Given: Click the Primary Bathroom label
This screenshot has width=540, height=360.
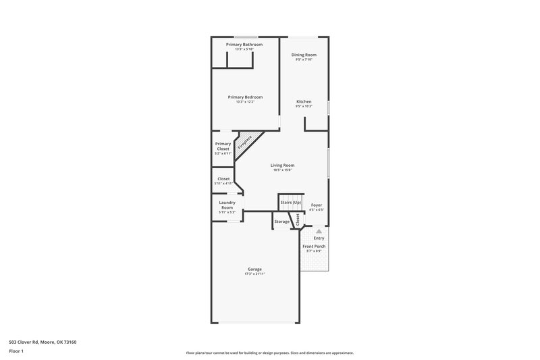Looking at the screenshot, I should pyautogui.click(x=244, y=45).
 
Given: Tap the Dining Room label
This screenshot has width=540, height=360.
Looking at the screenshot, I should pyautogui.click(x=304, y=55).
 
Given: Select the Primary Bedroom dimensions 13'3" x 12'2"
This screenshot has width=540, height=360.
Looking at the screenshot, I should pyautogui.click(x=244, y=101).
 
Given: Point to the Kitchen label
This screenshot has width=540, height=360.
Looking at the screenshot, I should pyautogui.click(x=304, y=101).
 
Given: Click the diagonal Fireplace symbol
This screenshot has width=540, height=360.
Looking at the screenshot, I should pyautogui.click(x=244, y=144).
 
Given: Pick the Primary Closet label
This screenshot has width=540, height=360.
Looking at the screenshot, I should pyautogui.click(x=223, y=146).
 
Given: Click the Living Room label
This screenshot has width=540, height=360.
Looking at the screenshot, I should pyautogui.click(x=282, y=165).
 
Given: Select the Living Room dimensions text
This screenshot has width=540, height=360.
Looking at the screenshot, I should pyautogui.click(x=282, y=170).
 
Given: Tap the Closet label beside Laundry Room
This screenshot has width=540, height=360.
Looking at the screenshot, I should pyautogui.click(x=223, y=179).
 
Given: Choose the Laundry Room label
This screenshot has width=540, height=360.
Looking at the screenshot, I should pyautogui.click(x=227, y=205).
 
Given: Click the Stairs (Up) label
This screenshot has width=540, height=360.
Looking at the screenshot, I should pyautogui.click(x=290, y=202).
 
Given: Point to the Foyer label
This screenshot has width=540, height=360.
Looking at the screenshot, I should pyautogui.click(x=317, y=205).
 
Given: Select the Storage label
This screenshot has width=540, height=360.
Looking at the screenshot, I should pyautogui.click(x=282, y=222).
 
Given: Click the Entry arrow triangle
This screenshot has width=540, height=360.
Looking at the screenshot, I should pyautogui.click(x=319, y=231).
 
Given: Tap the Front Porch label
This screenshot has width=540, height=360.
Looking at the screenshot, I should pyautogui.click(x=314, y=247).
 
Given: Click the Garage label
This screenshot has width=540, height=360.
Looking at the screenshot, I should pyautogui.click(x=254, y=269).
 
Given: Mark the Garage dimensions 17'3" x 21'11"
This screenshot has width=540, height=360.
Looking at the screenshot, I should pyautogui.click(x=254, y=274).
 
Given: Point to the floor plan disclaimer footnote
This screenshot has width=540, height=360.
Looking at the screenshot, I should pyautogui.click(x=269, y=353).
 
